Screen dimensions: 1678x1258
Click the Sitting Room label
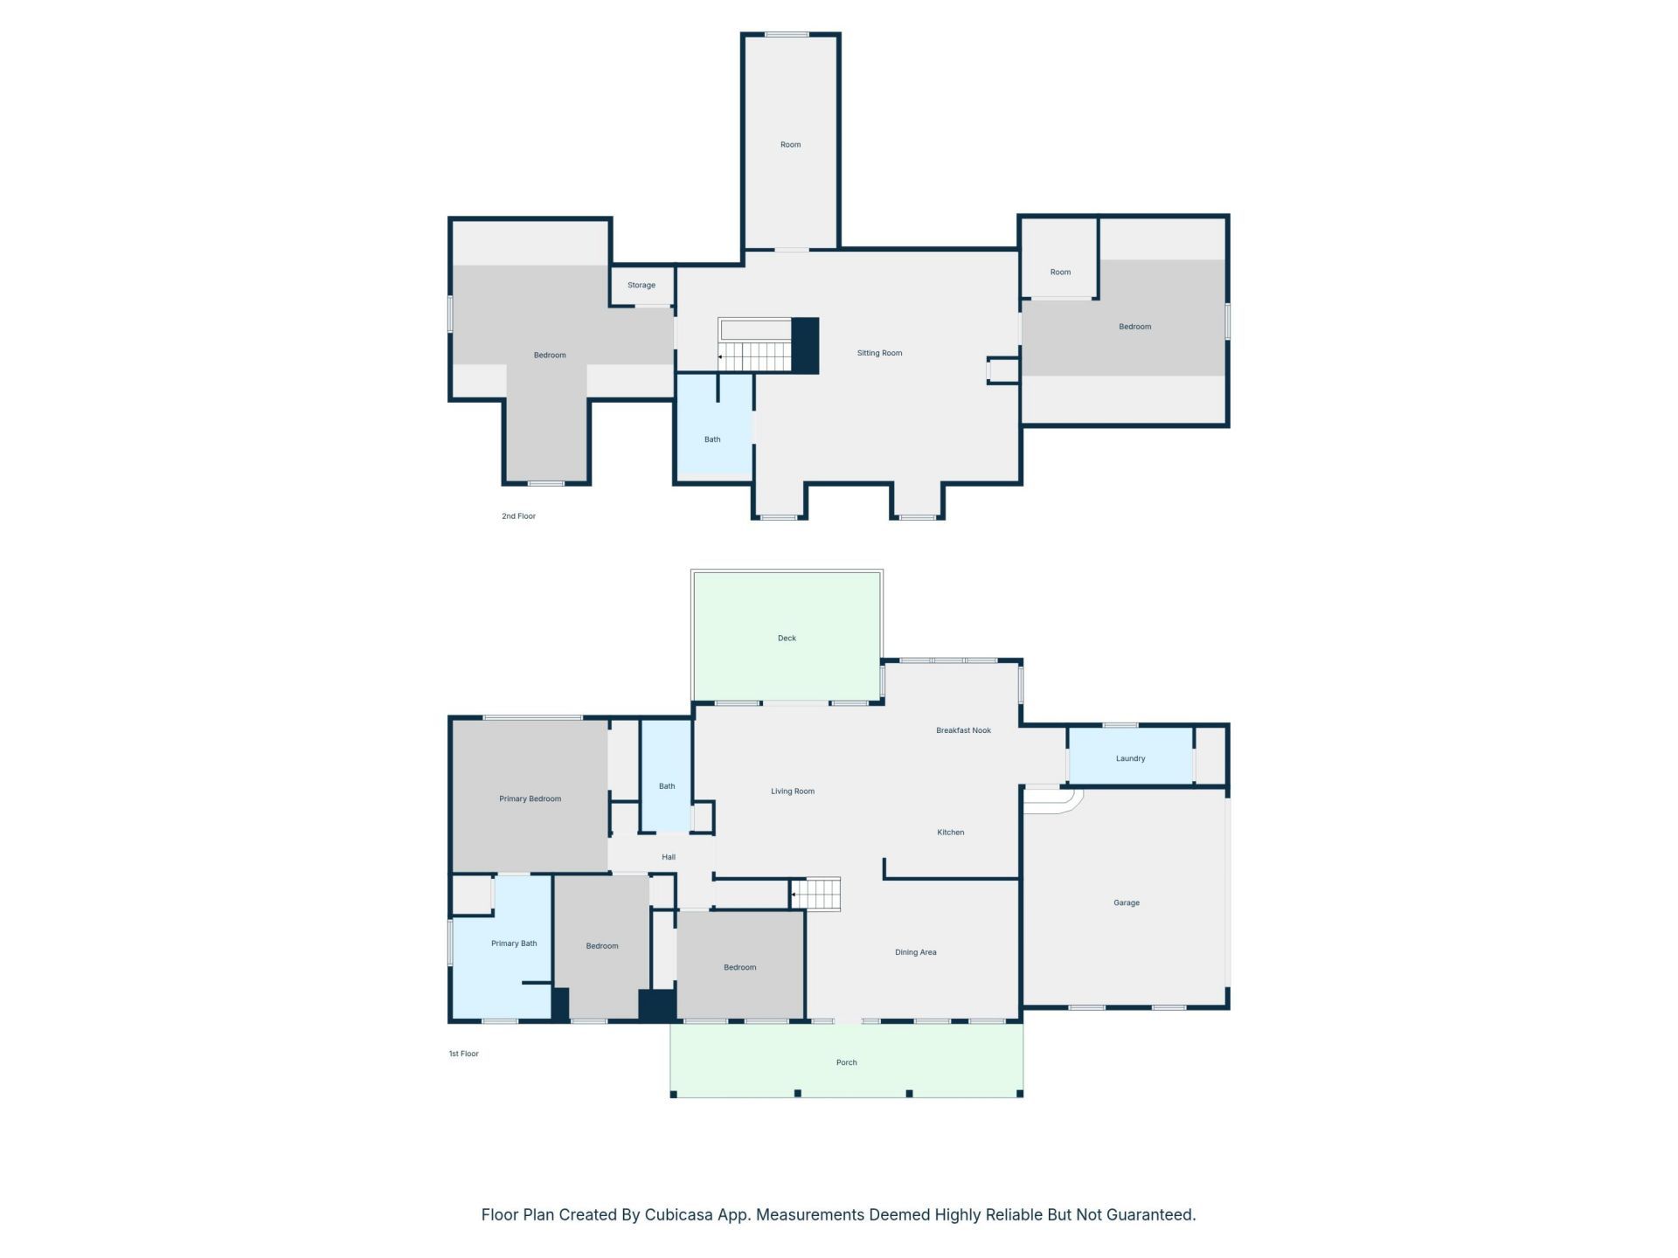[879, 353]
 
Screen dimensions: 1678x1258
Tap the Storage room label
[641, 286]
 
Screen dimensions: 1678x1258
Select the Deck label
[787, 639]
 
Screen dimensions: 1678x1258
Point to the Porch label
[846, 1062]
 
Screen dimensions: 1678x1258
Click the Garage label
[1127, 903]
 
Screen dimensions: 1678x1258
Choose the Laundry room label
[1130, 758]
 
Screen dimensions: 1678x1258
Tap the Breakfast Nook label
[963, 730]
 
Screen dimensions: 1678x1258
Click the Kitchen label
[951, 833]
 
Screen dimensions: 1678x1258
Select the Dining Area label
[915, 952]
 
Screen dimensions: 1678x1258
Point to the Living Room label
[793, 791]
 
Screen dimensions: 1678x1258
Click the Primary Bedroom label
[530, 798]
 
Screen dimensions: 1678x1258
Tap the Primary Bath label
[514, 943]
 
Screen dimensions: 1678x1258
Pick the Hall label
[669, 857]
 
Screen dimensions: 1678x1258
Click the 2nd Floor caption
[518, 516]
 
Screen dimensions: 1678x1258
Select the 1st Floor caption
[463, 1054]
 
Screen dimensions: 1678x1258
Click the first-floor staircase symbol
[816, 895]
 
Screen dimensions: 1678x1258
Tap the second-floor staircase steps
[755, 356]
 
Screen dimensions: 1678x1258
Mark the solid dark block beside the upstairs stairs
[805, 346]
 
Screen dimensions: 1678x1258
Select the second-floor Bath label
[712, 439]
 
